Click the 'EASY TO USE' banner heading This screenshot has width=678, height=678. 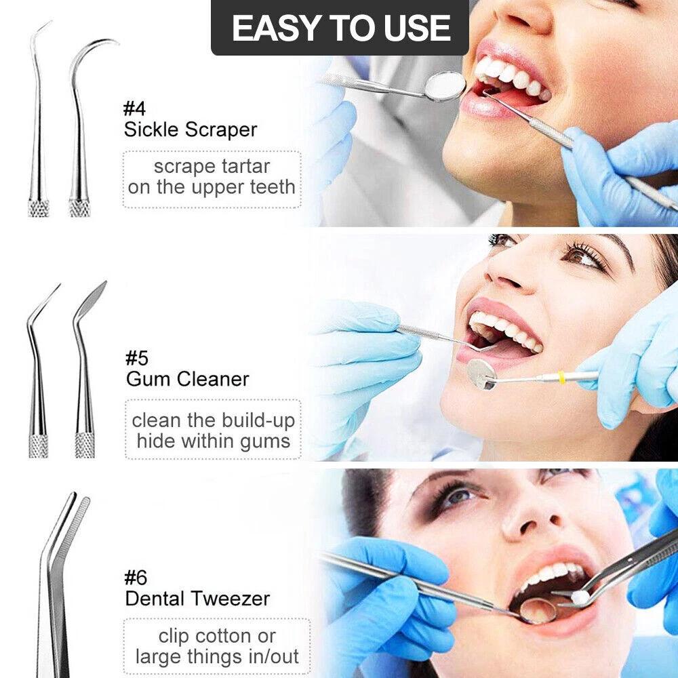(x=340, y=28)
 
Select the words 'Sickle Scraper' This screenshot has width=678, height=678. (x=191, y=129)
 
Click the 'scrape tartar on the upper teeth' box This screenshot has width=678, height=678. (x=212, y=177)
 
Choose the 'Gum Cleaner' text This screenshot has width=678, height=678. (x=188, y=378)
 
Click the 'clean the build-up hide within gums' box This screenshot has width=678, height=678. (x=213, y=431)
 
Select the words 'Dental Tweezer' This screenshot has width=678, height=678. (x=197, y=599)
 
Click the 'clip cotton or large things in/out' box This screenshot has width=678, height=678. (x=217, y=647)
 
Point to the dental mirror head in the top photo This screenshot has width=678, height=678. (x=445, y=86)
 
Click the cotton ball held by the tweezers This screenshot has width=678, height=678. (x=580, y=597)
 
